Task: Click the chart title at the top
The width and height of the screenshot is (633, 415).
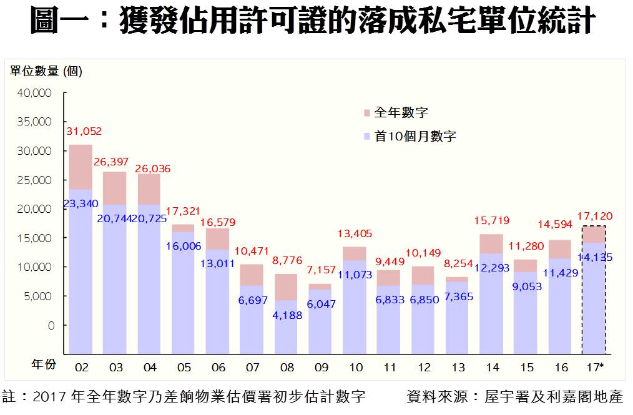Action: tap(316, 22)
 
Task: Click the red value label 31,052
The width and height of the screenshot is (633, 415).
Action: tap(83, 132)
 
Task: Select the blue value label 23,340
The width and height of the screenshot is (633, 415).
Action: tap(81, 203)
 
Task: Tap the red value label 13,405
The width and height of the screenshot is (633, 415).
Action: tap(354, 234)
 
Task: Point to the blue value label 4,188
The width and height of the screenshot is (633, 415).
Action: tap(287, 315)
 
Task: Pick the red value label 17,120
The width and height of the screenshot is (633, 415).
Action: tap(594, 216)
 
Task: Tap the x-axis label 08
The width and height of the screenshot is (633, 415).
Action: tap(287, 367)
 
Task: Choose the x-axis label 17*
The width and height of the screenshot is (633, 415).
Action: tap(595, 367)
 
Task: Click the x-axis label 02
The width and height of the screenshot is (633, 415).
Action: tap(81, 367)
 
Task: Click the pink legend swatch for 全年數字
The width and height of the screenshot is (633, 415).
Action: tap(366, 113)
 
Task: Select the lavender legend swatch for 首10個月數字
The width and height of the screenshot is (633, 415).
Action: tap(366, 135)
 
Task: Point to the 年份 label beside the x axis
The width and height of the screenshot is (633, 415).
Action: tap(44, 365)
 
